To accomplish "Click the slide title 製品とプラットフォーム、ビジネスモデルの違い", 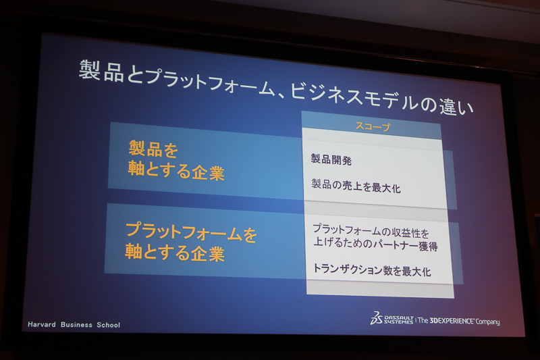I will pos(275,87).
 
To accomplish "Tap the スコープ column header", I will pos(373,126).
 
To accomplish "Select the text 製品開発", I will pos(331,160).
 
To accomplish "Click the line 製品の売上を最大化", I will pos(356,187).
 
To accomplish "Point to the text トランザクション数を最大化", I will pos(372,270).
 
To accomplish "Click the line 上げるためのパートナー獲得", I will pos(375,247).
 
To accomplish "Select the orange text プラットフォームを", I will pos(192,233).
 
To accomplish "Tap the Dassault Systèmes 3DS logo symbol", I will pos(376,317).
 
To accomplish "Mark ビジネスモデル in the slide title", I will pos(350,95).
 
